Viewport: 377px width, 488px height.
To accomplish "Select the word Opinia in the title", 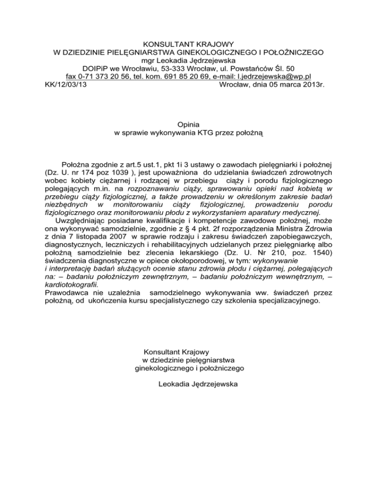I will click(x=188, y=125).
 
